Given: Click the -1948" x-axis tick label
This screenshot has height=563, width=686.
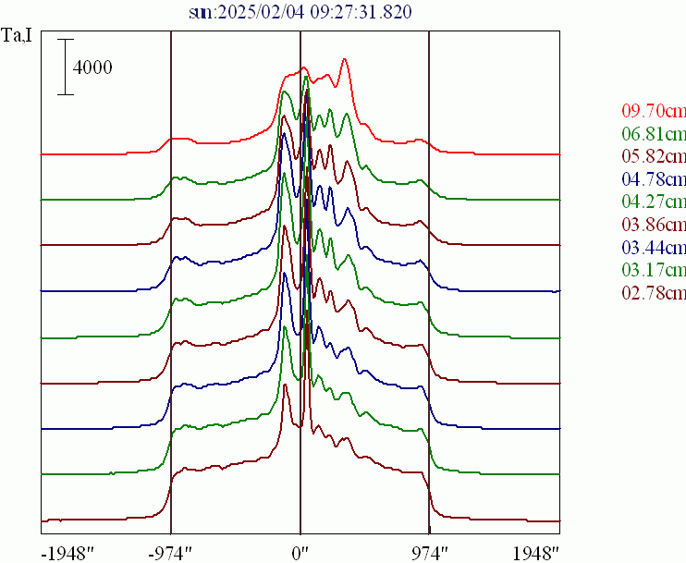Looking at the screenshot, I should pyautogui.click(x=69, y=553).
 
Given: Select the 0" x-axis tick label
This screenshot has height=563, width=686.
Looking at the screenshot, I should pyautogui.click(x=300, y=553).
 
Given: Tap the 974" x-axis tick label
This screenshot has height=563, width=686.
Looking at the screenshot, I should pyautogui.click(x=428, y=553).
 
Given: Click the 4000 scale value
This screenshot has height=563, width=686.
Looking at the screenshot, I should pyautogui.click(x=92, y=67).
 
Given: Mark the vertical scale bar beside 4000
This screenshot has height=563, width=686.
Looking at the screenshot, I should pyautogui.click(x=65, y=67).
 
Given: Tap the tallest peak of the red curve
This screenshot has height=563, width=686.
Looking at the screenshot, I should pyautogui.click(x=344, y=60).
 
